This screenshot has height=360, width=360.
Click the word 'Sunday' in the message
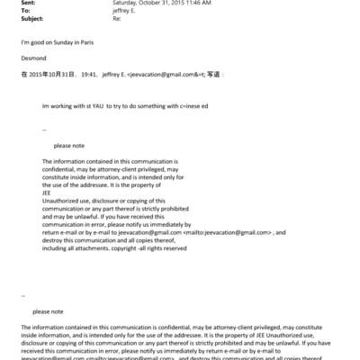tap(58, 42)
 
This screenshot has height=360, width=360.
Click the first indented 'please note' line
tap(70, 145)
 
